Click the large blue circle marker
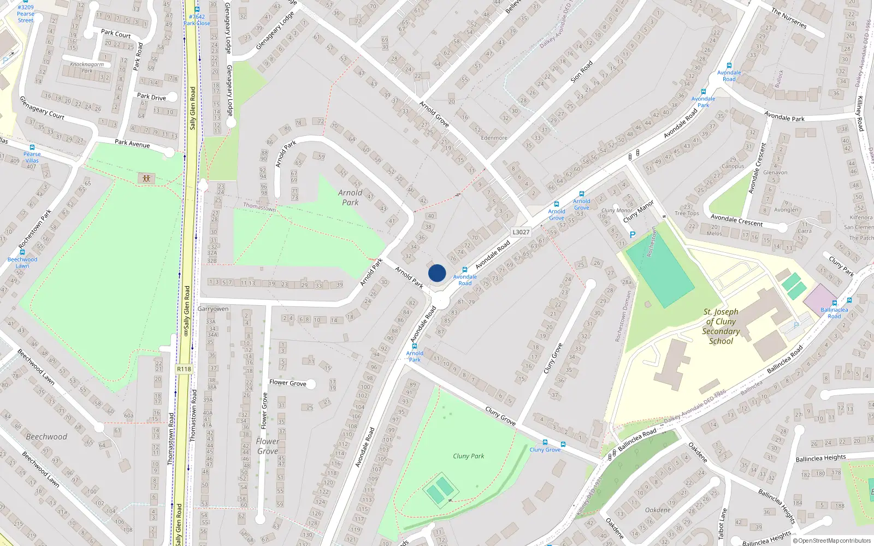[437, 273]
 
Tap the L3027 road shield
[521, 232]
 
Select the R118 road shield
[184, 369]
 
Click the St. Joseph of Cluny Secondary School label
[721, 327]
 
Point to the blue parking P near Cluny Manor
[633, 235]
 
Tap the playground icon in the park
[146, 178]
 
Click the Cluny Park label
[468, 456]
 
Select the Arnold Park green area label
[350, 197]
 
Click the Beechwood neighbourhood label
[46, 437]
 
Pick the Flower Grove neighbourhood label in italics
[267, 446]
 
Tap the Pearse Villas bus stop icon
[32, 147]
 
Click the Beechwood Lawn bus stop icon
[22, 252]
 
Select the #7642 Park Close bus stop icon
[197, 9]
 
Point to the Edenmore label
[494, 138]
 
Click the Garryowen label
[213, 309]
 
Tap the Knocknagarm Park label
[87, 68]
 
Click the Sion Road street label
[582, 72]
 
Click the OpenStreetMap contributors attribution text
[832, 541]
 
